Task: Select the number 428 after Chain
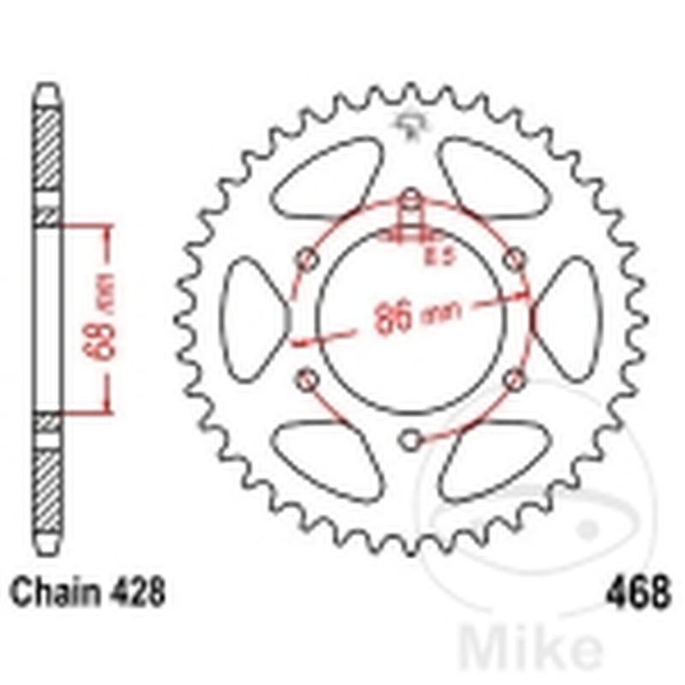[x=134, y=592]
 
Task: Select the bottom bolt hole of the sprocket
[x=411, y=440]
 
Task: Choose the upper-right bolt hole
[x=515, y=259]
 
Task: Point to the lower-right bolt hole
[x=515, y=378]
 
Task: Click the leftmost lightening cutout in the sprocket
[x=253, y=319]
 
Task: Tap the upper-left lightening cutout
[x=328, y=181]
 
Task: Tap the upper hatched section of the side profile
[x=48, y=150]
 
